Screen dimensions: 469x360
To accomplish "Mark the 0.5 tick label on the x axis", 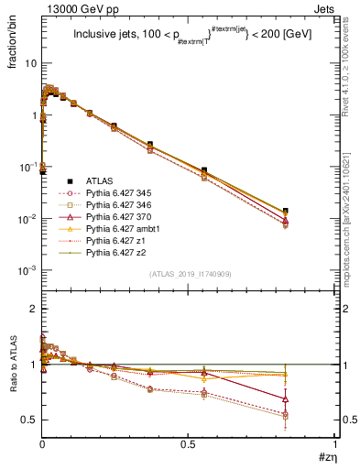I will pyautogui.click(x=189, y=443).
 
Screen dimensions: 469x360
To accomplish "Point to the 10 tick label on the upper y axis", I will pyautogui.click(x=29, y=63).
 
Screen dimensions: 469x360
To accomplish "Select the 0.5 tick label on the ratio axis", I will pyautogui.click(x=29, y=420).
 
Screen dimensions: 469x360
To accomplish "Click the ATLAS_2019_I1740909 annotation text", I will pyautogui.click(x=189, y=273).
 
